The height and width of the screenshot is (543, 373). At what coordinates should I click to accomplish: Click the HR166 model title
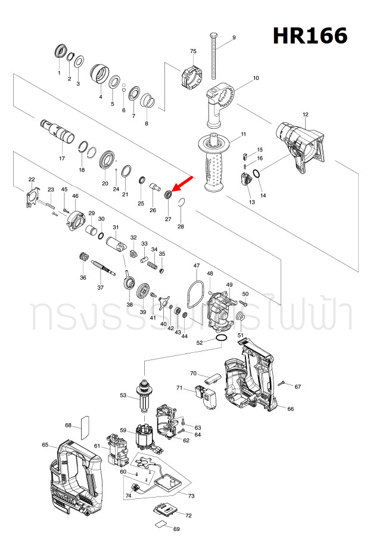pyautogui.click(x=310, y=36)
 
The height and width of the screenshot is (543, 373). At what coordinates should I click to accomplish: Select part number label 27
pyautogui.click(x=168, y=219)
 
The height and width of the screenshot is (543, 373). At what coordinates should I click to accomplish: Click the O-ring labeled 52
pyautogui.click(x=221, y=339)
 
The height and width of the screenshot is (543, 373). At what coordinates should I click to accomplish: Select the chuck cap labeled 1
pyautogui.click(x=60, y=52)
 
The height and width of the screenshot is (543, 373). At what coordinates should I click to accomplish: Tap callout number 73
pyautogui.click(x=191, y=496)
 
